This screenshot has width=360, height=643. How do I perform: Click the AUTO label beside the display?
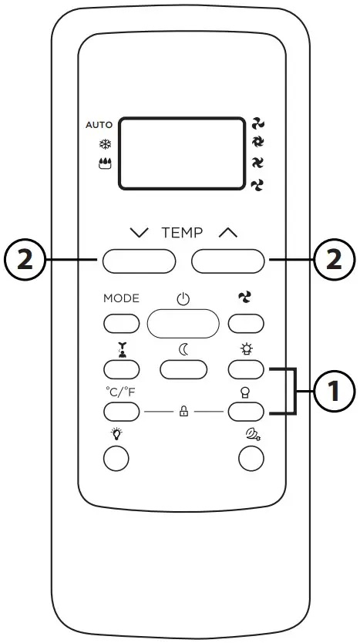tap(99, 124)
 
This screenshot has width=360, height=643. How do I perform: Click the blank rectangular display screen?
tap(181, 153)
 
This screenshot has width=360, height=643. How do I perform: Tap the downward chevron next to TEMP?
tap(139, 234)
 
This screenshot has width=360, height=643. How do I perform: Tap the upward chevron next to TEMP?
tap(228, 234)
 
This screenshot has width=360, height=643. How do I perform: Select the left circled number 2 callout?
tap(25, 261)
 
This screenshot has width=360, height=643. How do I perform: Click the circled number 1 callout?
tap(333, 392)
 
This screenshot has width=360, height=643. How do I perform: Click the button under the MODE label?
tap(121, 325)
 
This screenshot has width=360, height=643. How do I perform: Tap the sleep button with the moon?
tap(183, 369)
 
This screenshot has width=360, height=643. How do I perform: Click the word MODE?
tap(121, 298)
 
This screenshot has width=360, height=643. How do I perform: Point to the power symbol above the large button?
tap(183, 300)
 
